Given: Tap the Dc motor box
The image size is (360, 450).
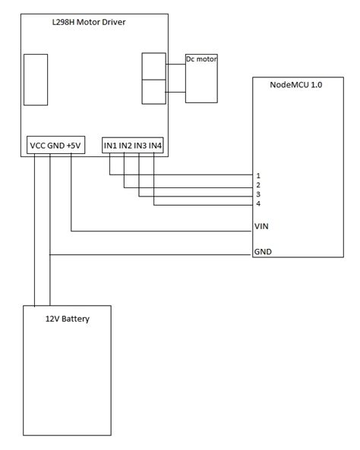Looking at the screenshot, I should click(x=202, y=77).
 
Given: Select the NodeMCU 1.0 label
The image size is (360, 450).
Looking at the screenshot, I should click(x=296, y=85).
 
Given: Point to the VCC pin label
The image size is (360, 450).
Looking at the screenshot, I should click(x=37, y=145).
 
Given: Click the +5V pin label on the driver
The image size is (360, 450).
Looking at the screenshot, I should click(x=74, y=145).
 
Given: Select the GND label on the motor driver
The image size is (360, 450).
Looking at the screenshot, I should click(x=55, y=145).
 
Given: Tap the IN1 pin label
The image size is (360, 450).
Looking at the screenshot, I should click(x=110, y=145).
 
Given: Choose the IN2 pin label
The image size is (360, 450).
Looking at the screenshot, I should click(x=125, y=145).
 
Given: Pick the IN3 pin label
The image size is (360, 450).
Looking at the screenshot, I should click(x=141, y=145).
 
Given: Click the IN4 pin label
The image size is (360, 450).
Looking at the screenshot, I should click(x=156, y=145).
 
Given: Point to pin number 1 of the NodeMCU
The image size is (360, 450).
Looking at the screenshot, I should click(x=258, y=175).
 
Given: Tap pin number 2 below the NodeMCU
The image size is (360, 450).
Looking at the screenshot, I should click(x=258, y=185).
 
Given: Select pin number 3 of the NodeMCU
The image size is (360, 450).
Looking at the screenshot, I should click(x=258, y=195).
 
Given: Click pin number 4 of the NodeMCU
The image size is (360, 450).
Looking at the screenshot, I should click(x=258, y=204).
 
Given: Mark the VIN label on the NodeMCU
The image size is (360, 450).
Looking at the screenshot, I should click(x=262, y=226).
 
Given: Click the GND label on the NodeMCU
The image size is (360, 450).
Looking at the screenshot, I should click(x=263, y=251).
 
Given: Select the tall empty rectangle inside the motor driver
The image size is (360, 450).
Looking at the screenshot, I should click(x=35, y=79).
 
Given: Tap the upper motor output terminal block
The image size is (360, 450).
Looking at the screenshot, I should click(x=153, y=66).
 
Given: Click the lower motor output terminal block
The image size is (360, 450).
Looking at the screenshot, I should click(x=153, y=91).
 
